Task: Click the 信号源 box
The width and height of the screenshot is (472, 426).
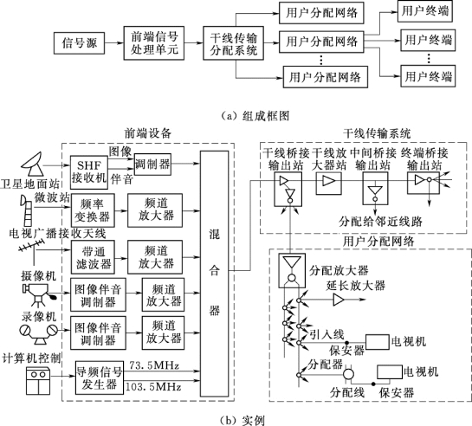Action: [80, 43]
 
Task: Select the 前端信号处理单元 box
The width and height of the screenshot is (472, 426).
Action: [154, 43]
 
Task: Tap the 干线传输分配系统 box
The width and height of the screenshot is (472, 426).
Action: [234, 43]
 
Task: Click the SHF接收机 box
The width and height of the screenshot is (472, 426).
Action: [89, 172]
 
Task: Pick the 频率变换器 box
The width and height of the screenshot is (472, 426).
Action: [93, 210]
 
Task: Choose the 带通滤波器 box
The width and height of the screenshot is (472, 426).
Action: [93, 257]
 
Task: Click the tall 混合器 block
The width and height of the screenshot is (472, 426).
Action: [214, 274]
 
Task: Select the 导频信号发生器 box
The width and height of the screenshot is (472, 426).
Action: [100, 378]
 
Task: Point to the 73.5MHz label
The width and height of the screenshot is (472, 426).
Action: [154, 365]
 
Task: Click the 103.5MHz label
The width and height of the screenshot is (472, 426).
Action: [153, 386]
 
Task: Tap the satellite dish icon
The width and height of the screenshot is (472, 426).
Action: [33, 165]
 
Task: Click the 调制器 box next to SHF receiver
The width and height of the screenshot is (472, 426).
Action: [152, 165]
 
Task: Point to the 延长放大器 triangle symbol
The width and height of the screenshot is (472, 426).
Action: [339, 300]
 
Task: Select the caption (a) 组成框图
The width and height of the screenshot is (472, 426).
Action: [255, 116]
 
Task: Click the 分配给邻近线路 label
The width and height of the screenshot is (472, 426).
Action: [380, 222]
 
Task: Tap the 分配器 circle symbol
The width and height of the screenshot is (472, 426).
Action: [348, 375]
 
